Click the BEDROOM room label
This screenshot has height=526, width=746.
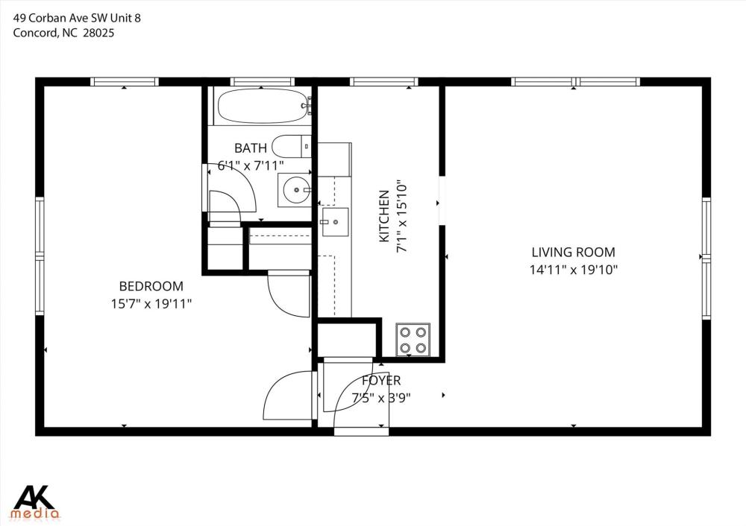coord(151,286)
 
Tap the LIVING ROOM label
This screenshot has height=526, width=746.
coord(573,252)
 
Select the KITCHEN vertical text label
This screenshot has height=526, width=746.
coord(384,216)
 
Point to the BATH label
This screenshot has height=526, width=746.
coord(251,148)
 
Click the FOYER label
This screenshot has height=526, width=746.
coord(381,381)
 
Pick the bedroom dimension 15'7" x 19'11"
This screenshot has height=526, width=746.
coord(151,304)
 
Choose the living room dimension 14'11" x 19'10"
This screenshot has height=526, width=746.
coord(573,270)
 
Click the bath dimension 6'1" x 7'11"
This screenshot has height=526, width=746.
coord(251,166)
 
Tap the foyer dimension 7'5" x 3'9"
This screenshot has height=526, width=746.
coord(381,398)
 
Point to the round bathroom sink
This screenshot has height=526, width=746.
coord(296,190)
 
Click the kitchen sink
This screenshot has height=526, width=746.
coord(335,222)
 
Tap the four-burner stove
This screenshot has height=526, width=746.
coord(413,340)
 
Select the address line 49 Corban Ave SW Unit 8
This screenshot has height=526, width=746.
coord(77,18)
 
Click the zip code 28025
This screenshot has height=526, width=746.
coord(98,33)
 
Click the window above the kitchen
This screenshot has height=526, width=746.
coord(384,82)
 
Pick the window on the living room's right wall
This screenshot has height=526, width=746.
coord(706,258)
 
